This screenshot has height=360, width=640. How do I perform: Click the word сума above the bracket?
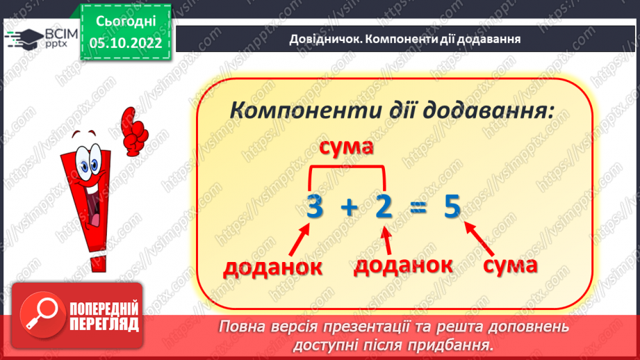(347, 147)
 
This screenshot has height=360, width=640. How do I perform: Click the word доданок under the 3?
(273, 267)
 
